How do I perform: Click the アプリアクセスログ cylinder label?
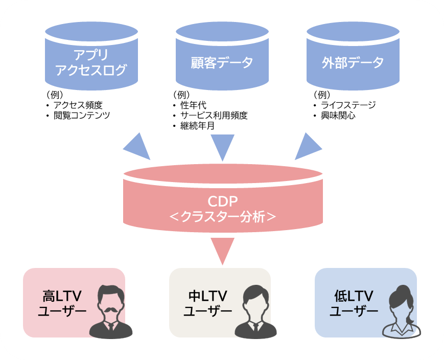[91, 62]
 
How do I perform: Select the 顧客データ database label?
[222, 63]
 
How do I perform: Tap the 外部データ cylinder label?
[353, 63]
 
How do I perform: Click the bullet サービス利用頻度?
[214, 116]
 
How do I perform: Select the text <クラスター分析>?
[222, 216]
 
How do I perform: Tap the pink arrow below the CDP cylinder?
[222, 251]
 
